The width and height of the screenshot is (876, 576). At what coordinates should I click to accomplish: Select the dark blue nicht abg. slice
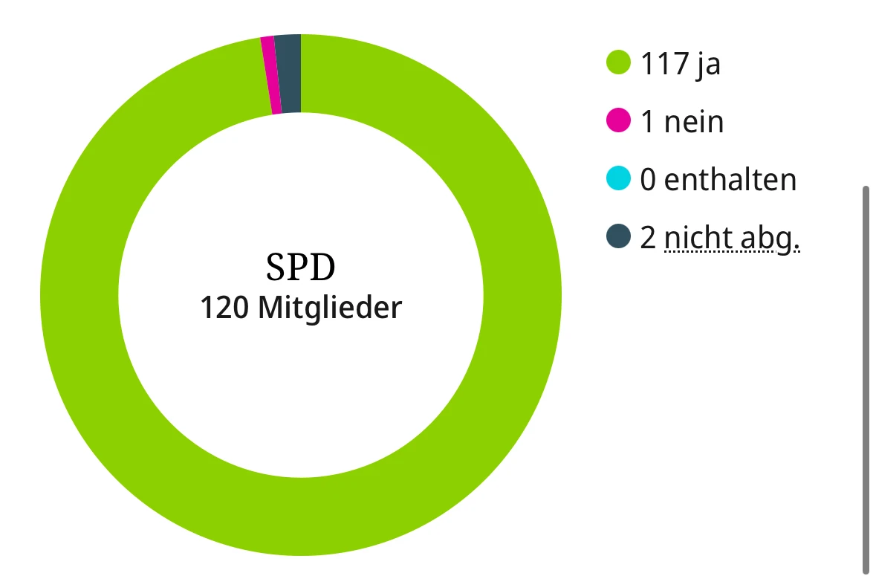tap(289, 74)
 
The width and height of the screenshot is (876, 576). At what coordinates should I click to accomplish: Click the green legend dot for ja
tap(618, 63)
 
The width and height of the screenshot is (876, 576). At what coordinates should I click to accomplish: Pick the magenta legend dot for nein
tap(618, 120)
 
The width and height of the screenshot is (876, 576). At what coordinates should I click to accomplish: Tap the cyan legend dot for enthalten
tap(618, 179)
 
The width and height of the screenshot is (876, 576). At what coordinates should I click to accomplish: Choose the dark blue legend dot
tap(618, 237)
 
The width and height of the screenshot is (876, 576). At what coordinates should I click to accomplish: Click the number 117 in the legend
tap(664, 64)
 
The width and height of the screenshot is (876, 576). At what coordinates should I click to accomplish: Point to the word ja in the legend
tap(708, 65)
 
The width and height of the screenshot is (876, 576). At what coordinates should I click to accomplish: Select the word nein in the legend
tap(694, 121)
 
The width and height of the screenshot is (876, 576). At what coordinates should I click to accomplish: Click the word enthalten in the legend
tap(730, 179)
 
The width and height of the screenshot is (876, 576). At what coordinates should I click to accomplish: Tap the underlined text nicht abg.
tap(732, 239)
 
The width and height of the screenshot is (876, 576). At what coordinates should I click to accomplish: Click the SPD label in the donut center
tap(301, 268)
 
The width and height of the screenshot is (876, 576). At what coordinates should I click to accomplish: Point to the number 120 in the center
tap(225, 308)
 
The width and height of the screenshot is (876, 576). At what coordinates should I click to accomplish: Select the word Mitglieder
tap(330, 308)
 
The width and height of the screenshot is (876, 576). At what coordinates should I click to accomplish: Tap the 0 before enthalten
tap(648, 179)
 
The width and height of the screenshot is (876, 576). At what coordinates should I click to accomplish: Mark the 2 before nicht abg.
tap(648, 238)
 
